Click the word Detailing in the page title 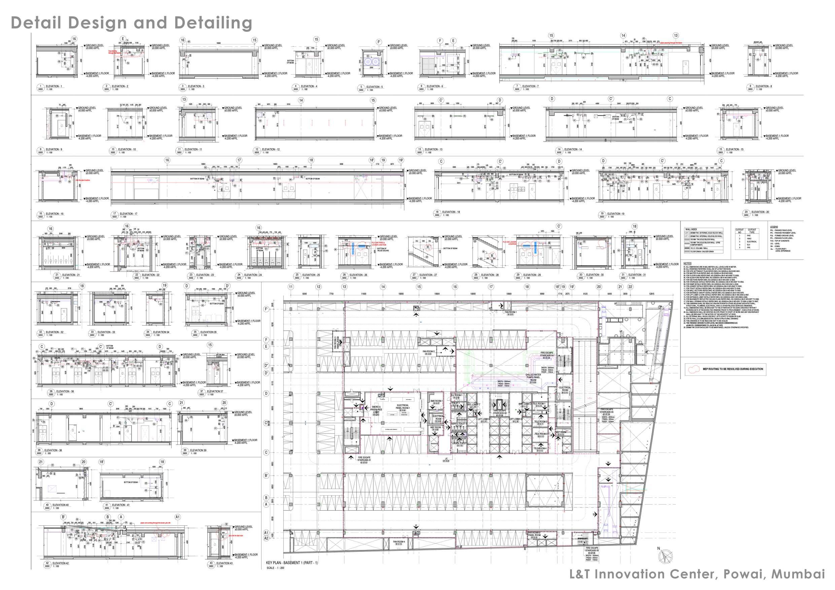(213, 23)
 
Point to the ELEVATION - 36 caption (65, 392)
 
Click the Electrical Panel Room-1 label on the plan (403, 406)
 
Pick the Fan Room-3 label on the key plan (428, 352)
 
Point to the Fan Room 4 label (398, 542)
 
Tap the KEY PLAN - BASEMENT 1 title (292, 563)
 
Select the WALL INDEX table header (691, 229)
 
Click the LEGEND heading (774, 227)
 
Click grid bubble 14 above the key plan (383, 287)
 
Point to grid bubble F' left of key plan (266, 309)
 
